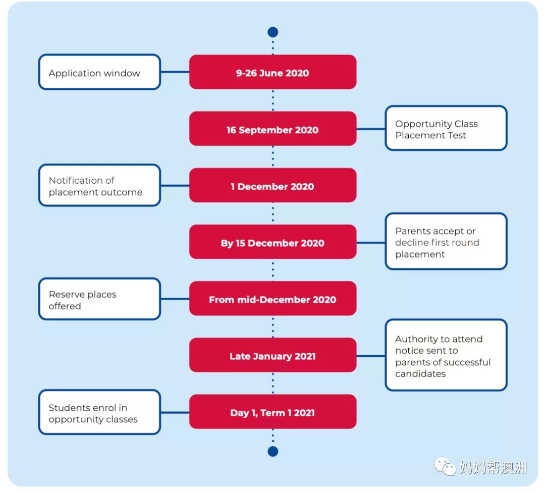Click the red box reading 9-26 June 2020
[x=273, y=72]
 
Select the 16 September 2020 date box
[x=273, y=129]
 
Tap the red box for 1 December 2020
[x=273, y=185]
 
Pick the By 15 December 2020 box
[x=273, y=242]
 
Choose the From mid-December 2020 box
[x=273, y=298]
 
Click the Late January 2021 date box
[x=273, y=355]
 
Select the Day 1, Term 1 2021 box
[x=273, y=412]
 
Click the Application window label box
[x=99, y=72]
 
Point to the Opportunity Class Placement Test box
[x=446, y=128]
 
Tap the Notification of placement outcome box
[x=99, y=185]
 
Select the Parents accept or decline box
[x=446, y=242]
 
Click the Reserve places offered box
[x=99, y=299]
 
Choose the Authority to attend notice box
[x=446, y=355]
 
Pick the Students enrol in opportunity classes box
[x=99, y=412]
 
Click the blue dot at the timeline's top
[x=273, y=32]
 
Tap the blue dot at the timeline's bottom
[x=273, y=451]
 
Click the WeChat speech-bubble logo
[x=445, y=467]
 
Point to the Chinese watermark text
[x=493, y=467]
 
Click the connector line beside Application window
[x=175, y=72]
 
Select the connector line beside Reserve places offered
[x=175, y=299]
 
